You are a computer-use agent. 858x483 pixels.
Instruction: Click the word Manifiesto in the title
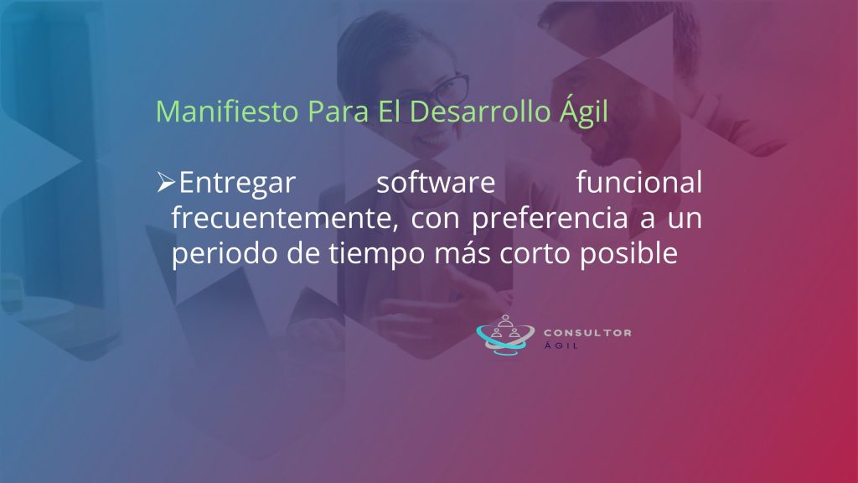227,111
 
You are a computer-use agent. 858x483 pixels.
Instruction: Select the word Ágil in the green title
584,112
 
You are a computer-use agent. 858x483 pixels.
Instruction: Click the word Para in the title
338,111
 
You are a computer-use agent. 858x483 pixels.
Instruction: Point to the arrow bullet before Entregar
166,182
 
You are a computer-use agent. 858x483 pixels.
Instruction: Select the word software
436,182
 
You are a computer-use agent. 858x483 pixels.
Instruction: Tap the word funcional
639,182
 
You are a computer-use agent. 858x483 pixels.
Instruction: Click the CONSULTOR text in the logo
587,332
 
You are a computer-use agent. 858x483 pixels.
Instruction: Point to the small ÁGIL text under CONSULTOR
561,345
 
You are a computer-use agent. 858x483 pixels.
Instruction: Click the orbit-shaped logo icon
504,335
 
